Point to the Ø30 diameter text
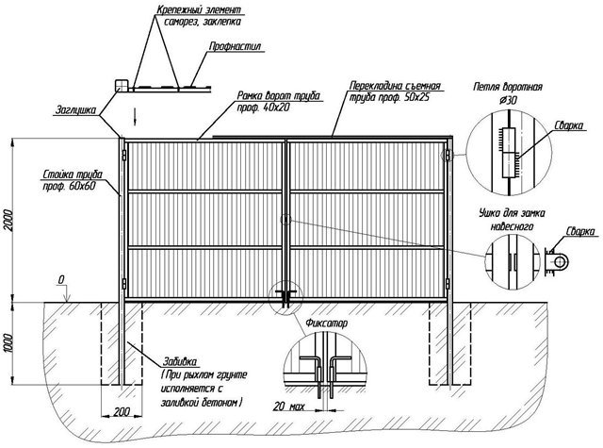coord(509,100)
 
